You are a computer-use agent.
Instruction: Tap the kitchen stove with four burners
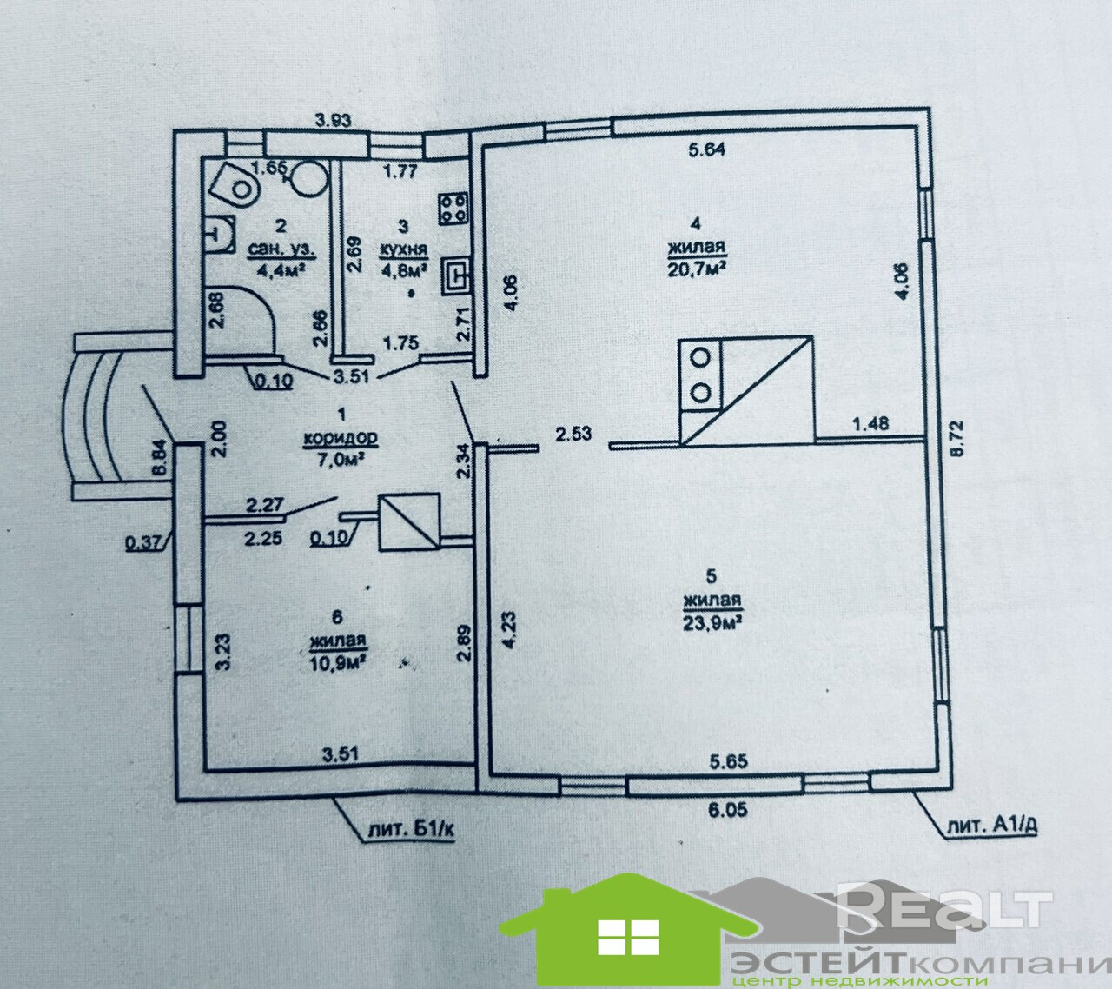tap(453, 207)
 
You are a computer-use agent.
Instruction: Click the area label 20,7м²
tap(697, 266)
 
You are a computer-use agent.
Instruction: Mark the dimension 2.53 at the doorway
tap(574, 432)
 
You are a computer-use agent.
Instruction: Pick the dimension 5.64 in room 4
tap(706, 149)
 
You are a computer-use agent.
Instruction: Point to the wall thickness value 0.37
tap(141, 544)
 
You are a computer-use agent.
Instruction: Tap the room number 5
tap(711, 574)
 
